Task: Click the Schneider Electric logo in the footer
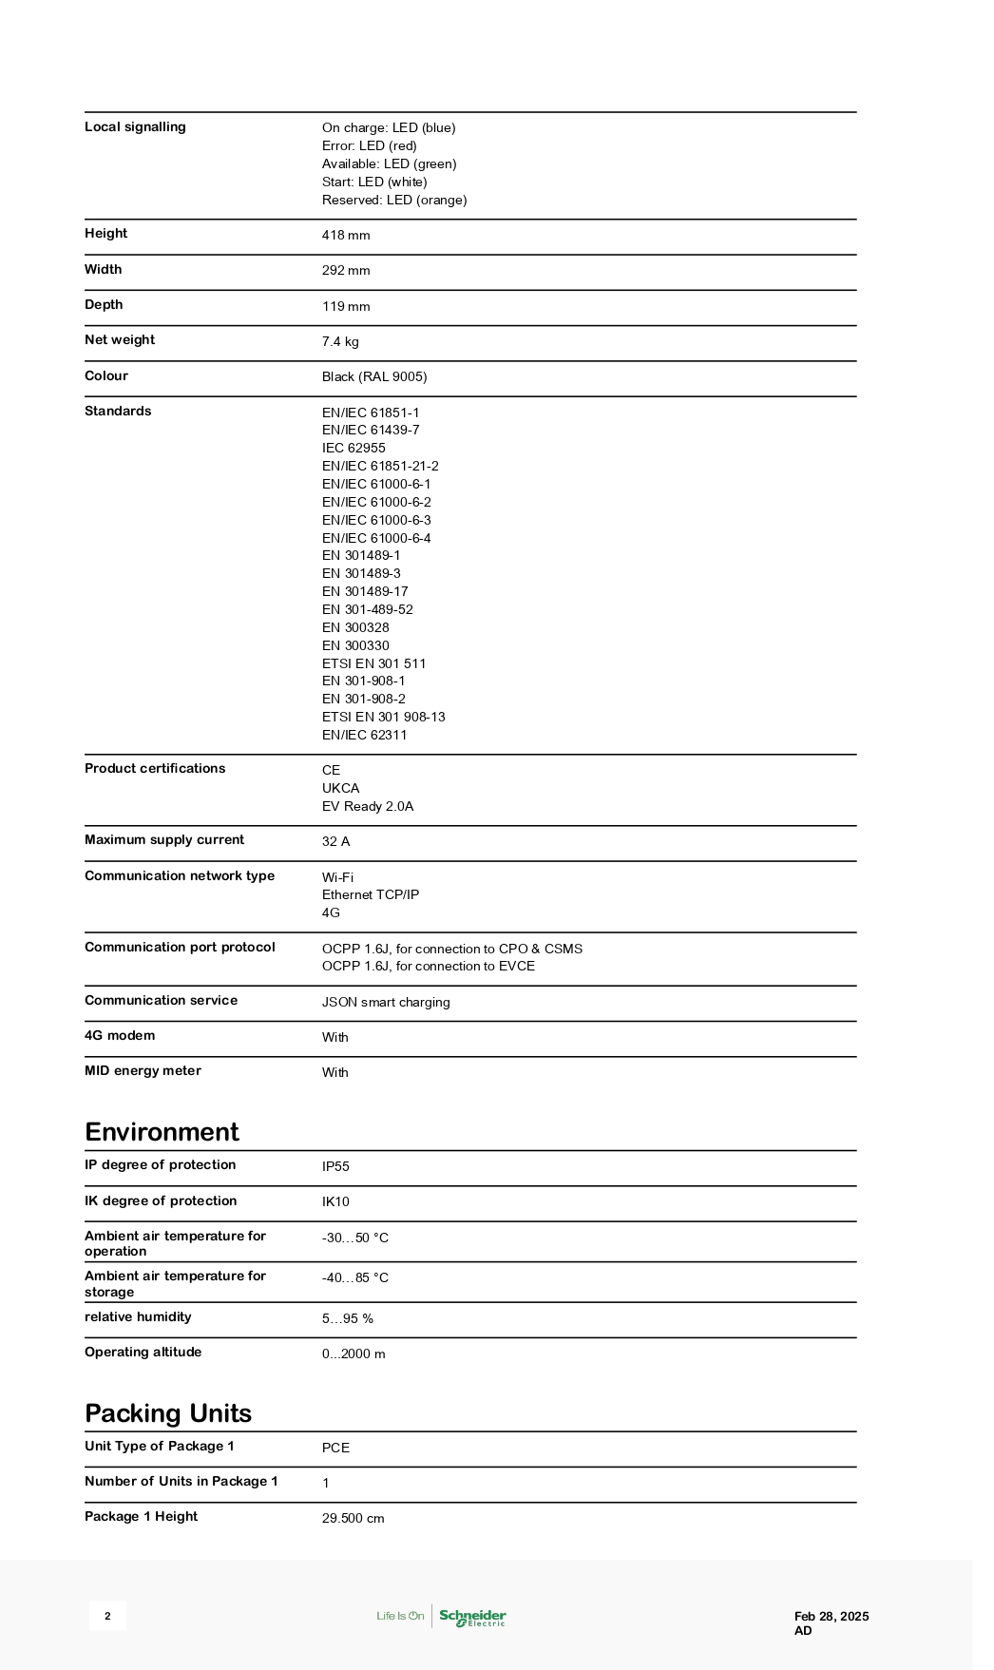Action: [x=471, y=1616]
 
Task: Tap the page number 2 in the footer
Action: [x=107, y=1616]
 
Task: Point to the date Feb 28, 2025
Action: [x=832, y=1616]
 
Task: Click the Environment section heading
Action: [x=162, y=1132]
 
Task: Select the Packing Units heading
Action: [x=168, y=1413]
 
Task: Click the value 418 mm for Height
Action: [x=346, y=236]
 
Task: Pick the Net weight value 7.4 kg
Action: [x=340, y=342]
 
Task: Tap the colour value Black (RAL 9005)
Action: [x=374, y=377]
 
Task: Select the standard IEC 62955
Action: [x=354, y=449]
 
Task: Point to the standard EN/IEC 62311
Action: [x=364, y=736]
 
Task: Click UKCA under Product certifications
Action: [x=340, y=789]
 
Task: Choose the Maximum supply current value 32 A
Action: [x=335, y=842]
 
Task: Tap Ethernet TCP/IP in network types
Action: [x=370, y=895]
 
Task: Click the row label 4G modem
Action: [x=120, y=1036]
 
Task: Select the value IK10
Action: [x=335, y=1202]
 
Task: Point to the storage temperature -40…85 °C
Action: [x=354, y=1278]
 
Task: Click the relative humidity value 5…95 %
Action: [x=347, y=1319]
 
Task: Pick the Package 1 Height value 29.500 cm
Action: [x=353, y=1519]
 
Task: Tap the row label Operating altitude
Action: [x=143, y=1353]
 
